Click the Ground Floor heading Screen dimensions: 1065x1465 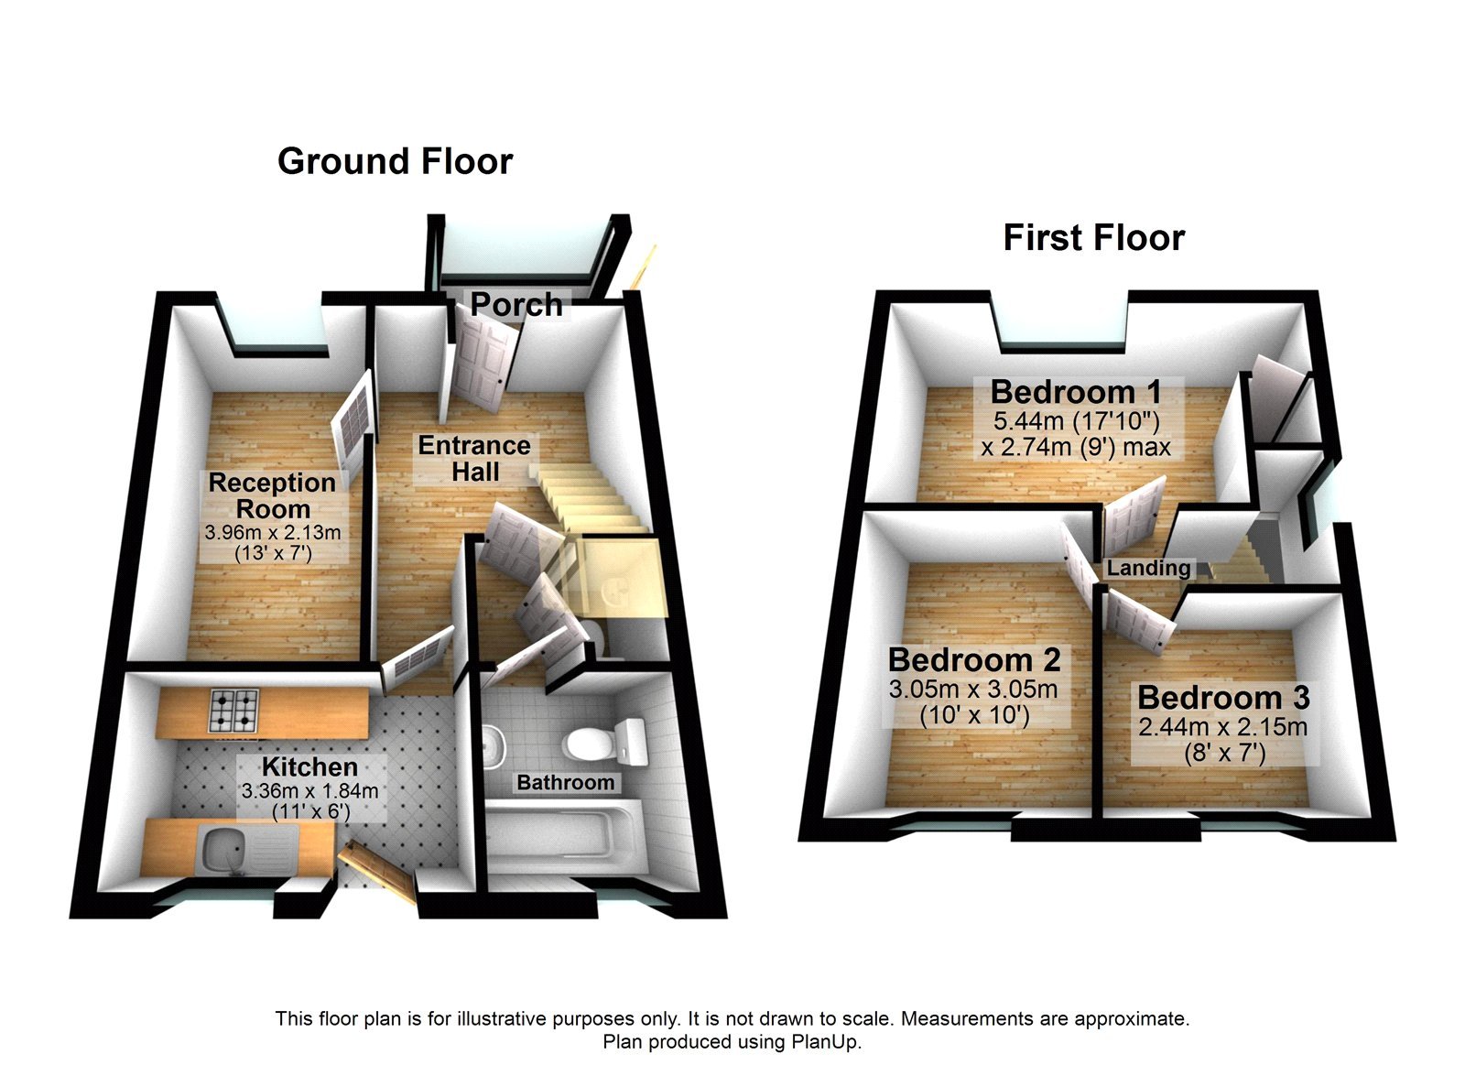395,161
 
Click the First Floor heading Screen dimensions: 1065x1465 1093,238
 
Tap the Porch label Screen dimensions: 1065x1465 516,304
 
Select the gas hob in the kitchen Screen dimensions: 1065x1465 235,709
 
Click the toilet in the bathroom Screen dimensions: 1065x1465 604,741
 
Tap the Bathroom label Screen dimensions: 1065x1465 565,783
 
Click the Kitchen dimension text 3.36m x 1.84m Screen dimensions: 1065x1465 309,790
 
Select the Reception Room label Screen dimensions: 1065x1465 272,495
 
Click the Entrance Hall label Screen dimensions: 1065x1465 474,459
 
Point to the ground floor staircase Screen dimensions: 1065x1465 586,499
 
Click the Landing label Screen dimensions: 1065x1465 1148,568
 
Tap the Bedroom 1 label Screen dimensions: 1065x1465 1076,392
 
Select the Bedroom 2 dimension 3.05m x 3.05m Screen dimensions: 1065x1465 972,690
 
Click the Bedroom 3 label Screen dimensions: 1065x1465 1223,698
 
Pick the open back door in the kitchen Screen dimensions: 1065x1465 377,870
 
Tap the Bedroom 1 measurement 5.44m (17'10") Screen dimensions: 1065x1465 1076,421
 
